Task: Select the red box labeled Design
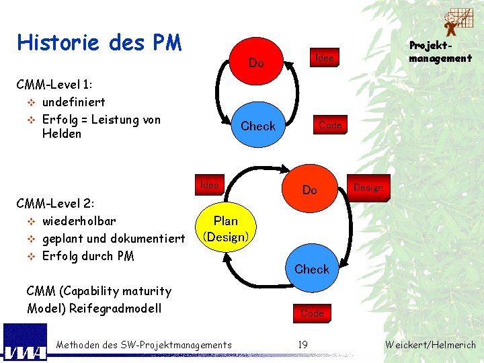[368, 188]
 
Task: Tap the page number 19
[303, 345]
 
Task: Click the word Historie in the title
[56, 43]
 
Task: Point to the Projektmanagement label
[440, 52]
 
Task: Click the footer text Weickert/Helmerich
[430, 345]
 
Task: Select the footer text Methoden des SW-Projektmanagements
[144, 345]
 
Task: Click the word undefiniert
[73, 102]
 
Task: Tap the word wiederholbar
[79, 221]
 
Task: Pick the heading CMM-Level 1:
[54, 85]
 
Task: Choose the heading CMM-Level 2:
[55, 203]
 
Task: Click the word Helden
[61, 134]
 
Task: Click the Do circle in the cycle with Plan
[309, 190]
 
